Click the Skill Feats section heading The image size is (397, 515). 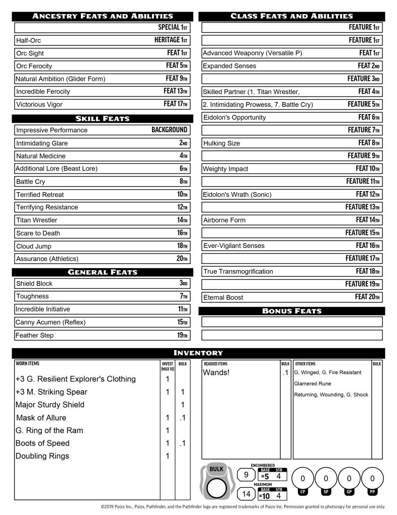pos(102,119)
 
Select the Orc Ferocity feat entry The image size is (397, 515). pos(34,66)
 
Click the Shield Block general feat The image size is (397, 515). pos(34,284)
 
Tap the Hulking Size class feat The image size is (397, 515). pos(221,143)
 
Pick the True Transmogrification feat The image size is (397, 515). pos(238,272)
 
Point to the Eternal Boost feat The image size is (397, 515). pos(224,297)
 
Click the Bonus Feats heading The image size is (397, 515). pos(291,311)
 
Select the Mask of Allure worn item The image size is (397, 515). pos(41,418)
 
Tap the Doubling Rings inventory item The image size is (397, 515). pos(42,456)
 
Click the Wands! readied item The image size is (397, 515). pos(216,373)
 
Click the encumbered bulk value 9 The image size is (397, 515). pos(246,474)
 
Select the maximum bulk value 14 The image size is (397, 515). pos(246,494)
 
